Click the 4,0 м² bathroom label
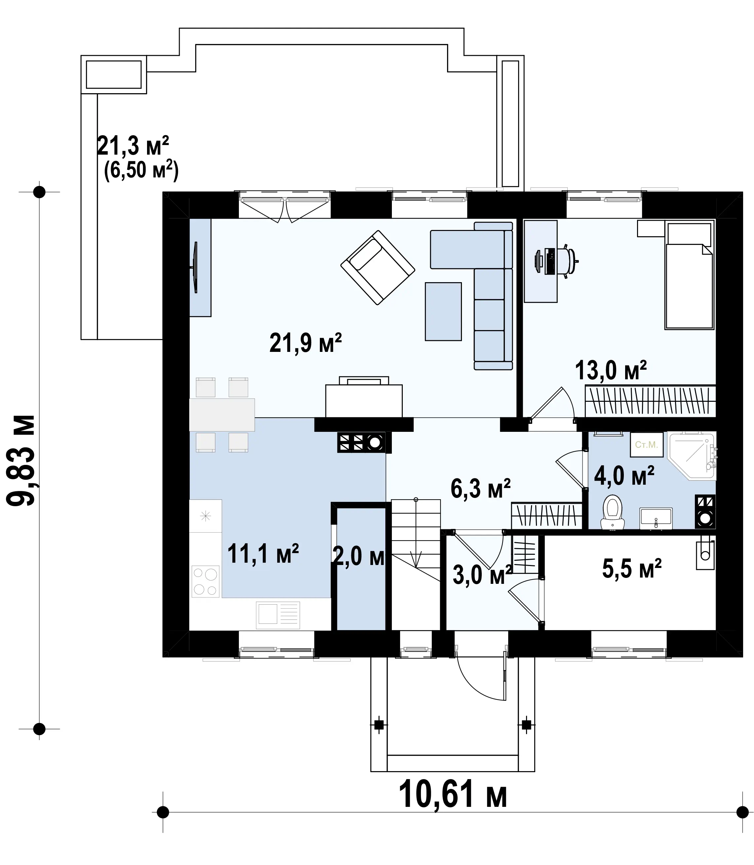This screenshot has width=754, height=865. tap(624, 476)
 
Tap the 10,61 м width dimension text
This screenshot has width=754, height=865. tap(452, 794)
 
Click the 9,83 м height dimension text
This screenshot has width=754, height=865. tap(21, 460)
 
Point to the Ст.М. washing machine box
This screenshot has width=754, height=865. tap(646, 445)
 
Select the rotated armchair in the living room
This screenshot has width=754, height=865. tap(377, 267)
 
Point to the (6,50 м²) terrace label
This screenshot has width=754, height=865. tap(141, 170)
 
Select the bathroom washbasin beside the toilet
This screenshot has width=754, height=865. tap(656, 518)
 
